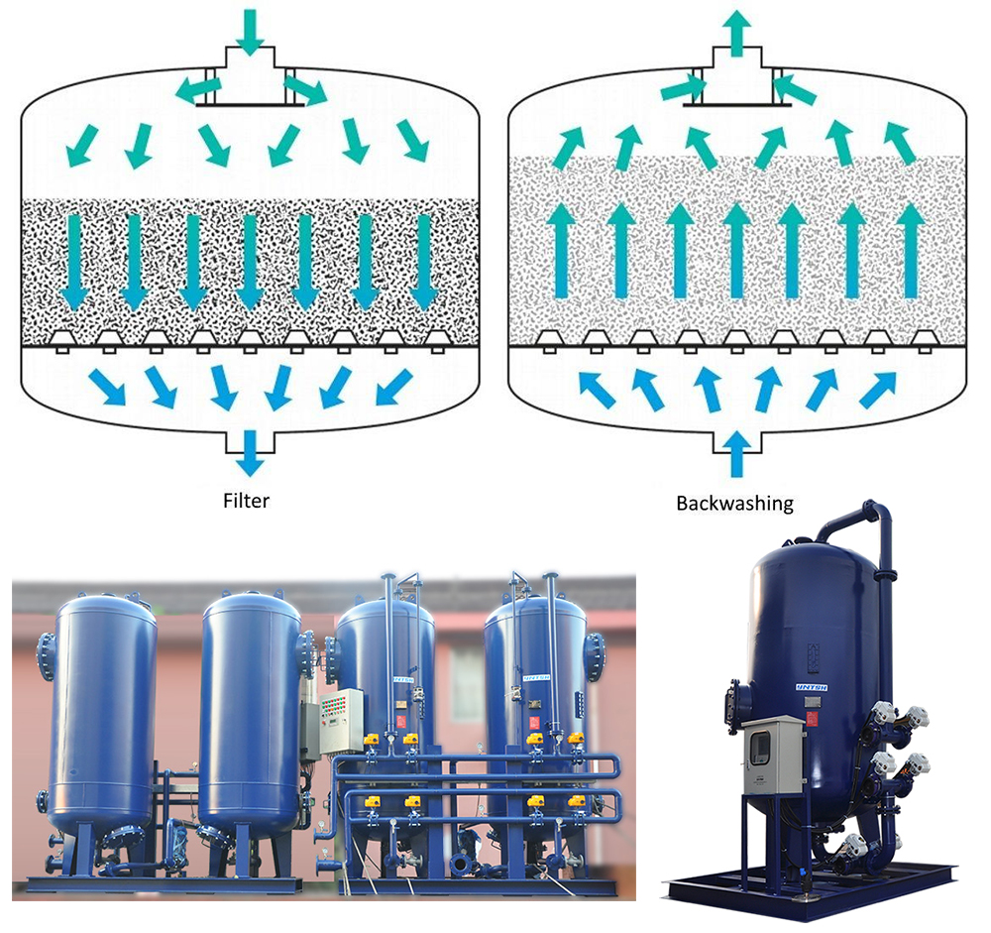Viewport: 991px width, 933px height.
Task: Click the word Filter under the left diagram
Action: (x=246, y=500)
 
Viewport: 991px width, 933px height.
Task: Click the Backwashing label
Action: (x=734, y=503)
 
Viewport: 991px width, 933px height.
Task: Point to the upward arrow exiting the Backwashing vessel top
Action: (x=735, y=31)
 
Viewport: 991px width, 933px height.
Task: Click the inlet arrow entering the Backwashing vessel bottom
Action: (x=735, y=456)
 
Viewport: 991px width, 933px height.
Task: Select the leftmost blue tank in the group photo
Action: (x=104, y=714)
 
